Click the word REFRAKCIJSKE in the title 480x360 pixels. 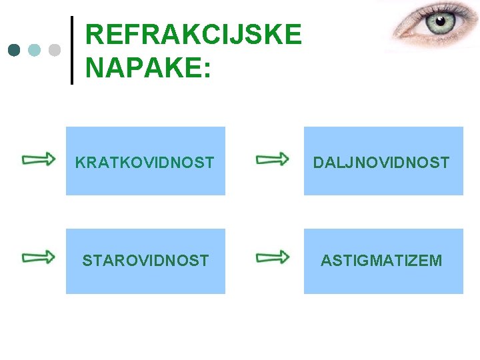[x=193, y=35]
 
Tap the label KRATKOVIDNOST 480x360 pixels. [x=145, y=162]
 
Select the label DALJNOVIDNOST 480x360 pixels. [x=381, y=162]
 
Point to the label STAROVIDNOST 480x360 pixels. [x=145, y=261]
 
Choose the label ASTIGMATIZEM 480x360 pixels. [x=381, y=261]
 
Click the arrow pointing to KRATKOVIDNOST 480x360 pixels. [x=39, y=159]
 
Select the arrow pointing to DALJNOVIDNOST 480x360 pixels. [x=273, y=159]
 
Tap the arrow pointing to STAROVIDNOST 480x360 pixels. [x=39, y=257]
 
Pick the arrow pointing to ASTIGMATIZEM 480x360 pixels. [x=273, y=257]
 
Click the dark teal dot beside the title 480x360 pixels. [x=14, y=50]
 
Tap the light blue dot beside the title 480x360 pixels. [x=35, y=50]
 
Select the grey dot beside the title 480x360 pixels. [x=55, y=50]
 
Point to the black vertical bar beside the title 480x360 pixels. [x=72, y=50]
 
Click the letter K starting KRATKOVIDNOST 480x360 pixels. [x=80, y=162]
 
